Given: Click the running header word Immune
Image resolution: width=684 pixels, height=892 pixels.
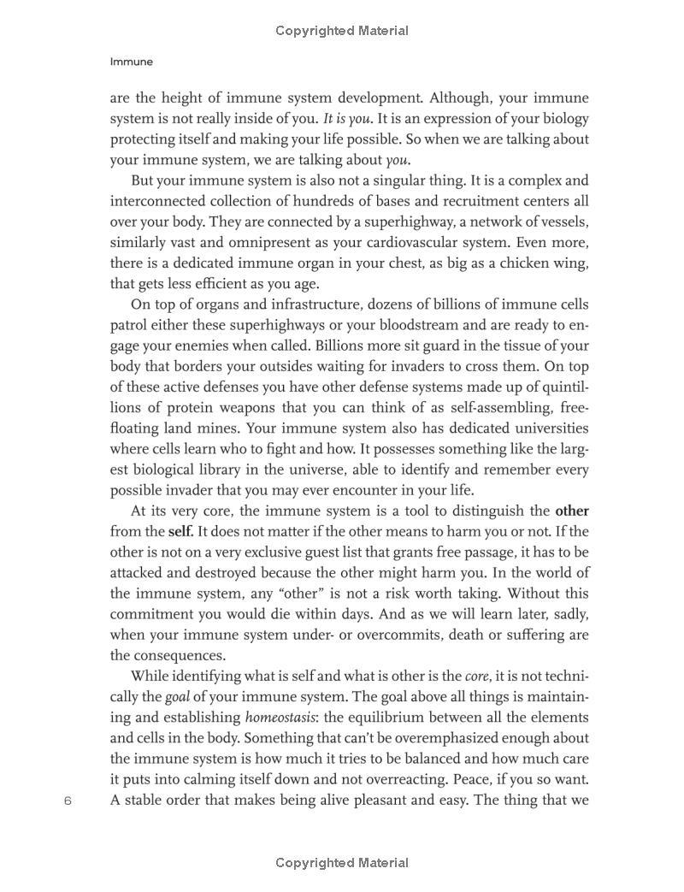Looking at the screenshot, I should (x=132, y=62).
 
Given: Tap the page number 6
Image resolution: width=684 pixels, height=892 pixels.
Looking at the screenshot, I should (x=68, y=801).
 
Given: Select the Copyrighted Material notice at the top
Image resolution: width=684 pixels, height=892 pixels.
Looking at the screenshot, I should (x=342, y=31).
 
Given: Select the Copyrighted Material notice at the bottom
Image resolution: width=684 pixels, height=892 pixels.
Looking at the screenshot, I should (x=342, y=863).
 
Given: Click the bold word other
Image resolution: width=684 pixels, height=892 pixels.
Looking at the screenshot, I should (x=572, y=511).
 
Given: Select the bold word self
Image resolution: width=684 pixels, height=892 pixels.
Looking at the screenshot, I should (x=180, y=532).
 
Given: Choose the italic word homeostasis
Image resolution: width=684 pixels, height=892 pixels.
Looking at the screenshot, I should (x=280, y=718).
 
